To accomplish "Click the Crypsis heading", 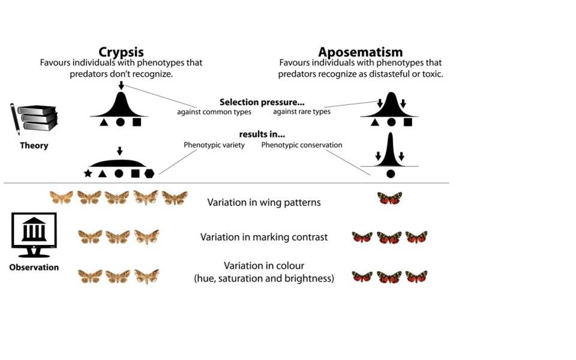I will [121, 52].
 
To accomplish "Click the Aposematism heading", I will [360, 52].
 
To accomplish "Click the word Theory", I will [34, 145].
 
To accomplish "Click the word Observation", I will [34, 268].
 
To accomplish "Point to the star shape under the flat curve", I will [88, 173].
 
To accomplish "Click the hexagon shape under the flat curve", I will [149, 173].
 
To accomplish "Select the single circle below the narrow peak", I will [391, 173].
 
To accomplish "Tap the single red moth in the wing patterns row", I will [389, 198].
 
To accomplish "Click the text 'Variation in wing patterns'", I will [264, 202].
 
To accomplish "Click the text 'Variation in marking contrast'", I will [264, 237].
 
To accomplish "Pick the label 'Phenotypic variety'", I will [214, 145].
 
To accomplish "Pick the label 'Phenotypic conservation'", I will [302, 145].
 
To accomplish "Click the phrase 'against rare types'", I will [302, 112].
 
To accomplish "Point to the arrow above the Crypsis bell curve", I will [121, 86].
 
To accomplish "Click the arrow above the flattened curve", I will [119, 151].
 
